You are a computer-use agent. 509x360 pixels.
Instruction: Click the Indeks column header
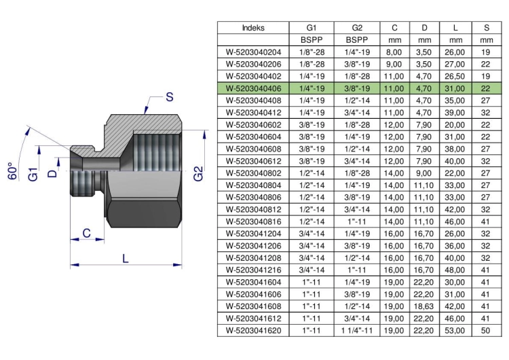[x=253, y=28]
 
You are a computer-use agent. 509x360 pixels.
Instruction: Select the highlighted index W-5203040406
[x=254, y=88]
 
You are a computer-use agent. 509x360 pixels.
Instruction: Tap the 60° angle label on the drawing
[x=12, y=171]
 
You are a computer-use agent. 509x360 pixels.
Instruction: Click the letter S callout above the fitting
[x=170, y=97]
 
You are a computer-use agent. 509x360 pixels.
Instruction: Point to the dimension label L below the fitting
[x=126, y=258]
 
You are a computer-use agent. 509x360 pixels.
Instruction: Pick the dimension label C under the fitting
[x=86, y=233]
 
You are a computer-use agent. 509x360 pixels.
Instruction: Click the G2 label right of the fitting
[x=198, y=173]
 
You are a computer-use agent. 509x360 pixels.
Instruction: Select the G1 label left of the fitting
[x=33, y=174]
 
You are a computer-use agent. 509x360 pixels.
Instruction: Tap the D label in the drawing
[x=52, y=173]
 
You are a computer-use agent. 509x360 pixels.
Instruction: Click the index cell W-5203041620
[x=254, y=330]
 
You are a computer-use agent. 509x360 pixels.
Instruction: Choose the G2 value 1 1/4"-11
[x=357, y=330]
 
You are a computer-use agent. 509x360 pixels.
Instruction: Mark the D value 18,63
[x=424, y=306]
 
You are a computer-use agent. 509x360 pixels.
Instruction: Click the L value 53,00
[x=455, y=330]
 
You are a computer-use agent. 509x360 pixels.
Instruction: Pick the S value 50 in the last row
[x=486, y=330]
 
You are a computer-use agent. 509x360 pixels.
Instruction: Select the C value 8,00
[x=394, y=52]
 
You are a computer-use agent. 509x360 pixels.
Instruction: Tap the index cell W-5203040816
[x=254, y=221]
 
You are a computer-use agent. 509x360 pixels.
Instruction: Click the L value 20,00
[x=455, y=125]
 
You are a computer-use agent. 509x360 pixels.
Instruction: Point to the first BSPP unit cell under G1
[x=312, y=40]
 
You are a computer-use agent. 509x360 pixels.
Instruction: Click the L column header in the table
[x=455, y=28]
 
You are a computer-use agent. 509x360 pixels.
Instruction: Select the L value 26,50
[x=455, y=76]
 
